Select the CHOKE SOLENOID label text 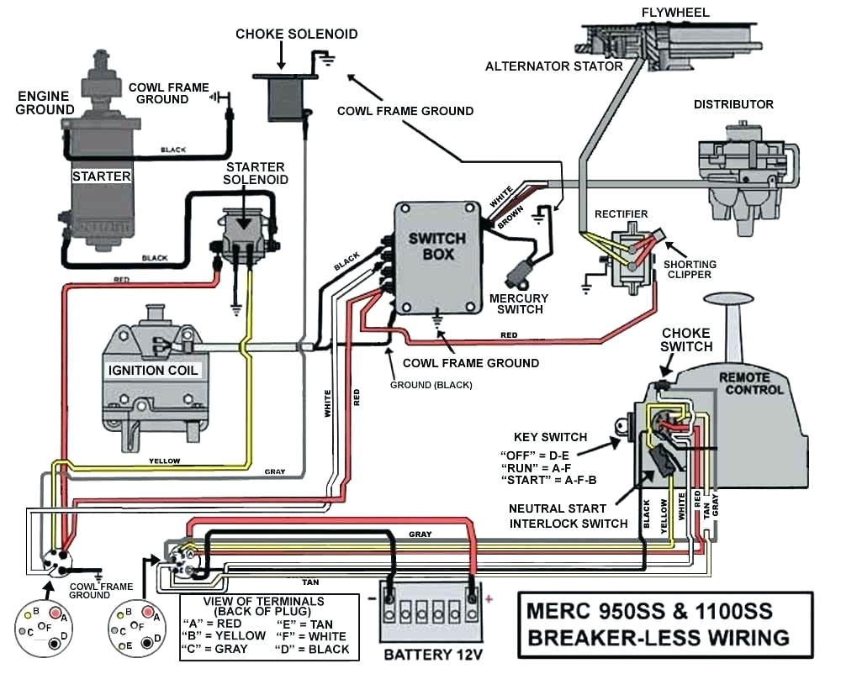pyautogui.click(x=296, y=34)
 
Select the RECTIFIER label pyautogui.click(x=621, y=214)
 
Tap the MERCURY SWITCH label pyautogui.click(x=518, y=303)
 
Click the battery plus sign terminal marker pyautogui.click(x=489, y=598)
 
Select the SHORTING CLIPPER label pyautogui.click(x=690, y=270)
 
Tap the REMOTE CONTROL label pyautogui.click(x=750, y=384)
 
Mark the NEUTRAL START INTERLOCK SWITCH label pyautogui.click(x=568, y=516)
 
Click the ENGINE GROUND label pyautogui.click(x=44, y=103)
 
